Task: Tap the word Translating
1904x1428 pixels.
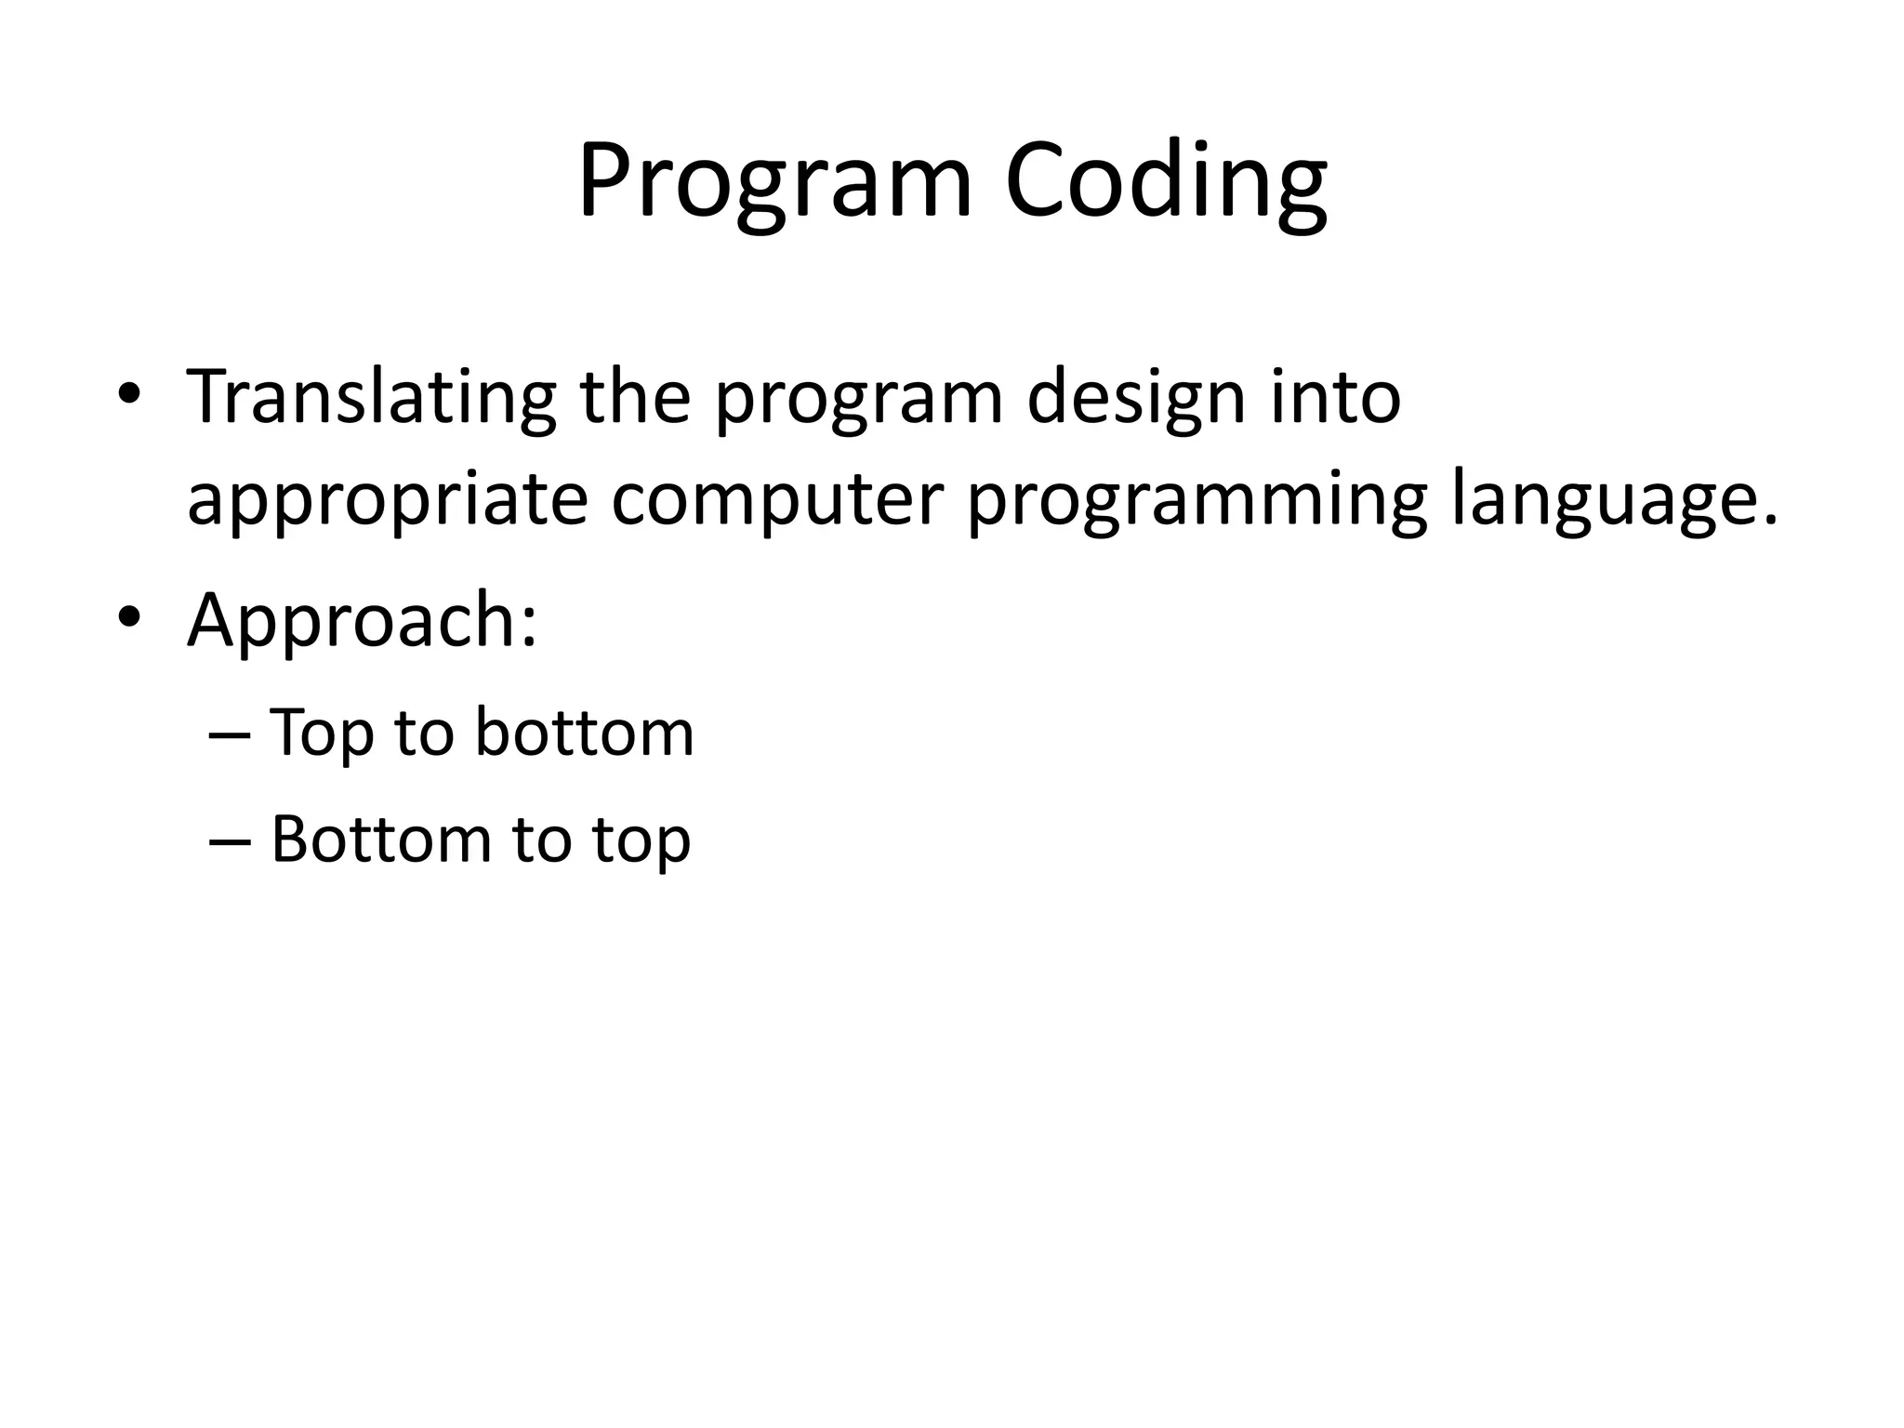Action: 371,398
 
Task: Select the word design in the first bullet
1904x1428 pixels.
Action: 1135,398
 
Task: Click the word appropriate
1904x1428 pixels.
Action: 387,502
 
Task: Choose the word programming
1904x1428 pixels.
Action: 1197,502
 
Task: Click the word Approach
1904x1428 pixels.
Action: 349,621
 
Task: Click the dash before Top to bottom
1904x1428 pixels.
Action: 230,734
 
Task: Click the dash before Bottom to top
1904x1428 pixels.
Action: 230,840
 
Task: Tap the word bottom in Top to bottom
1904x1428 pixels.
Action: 584,732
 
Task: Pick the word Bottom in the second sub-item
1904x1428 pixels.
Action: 379,839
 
